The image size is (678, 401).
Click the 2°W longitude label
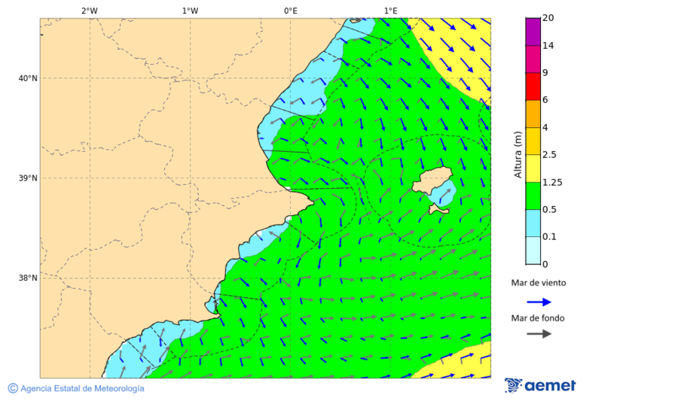click(x=89, y=11)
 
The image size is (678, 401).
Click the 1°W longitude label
click(x=190, y=11)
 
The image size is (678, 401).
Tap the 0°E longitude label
click(x=290, y=11)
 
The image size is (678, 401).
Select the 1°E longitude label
click(x=390, y=11)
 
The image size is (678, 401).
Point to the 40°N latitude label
click(x=28, y=78)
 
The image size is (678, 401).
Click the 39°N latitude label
click(x=28, y=178)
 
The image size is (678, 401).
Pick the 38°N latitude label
click(x=28, y=278)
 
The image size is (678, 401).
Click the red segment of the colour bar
click(x=533, y=87)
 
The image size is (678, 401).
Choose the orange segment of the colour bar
click(x=533, y=114)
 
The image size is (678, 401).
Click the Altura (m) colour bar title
click(x=518, y=154)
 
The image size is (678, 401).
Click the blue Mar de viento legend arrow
click(x=539, y=302)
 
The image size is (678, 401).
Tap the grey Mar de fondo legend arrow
click(x=539, y=334)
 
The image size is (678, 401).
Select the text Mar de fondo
click(x=537, y=317)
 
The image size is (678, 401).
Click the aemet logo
click(x=540, y=386)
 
